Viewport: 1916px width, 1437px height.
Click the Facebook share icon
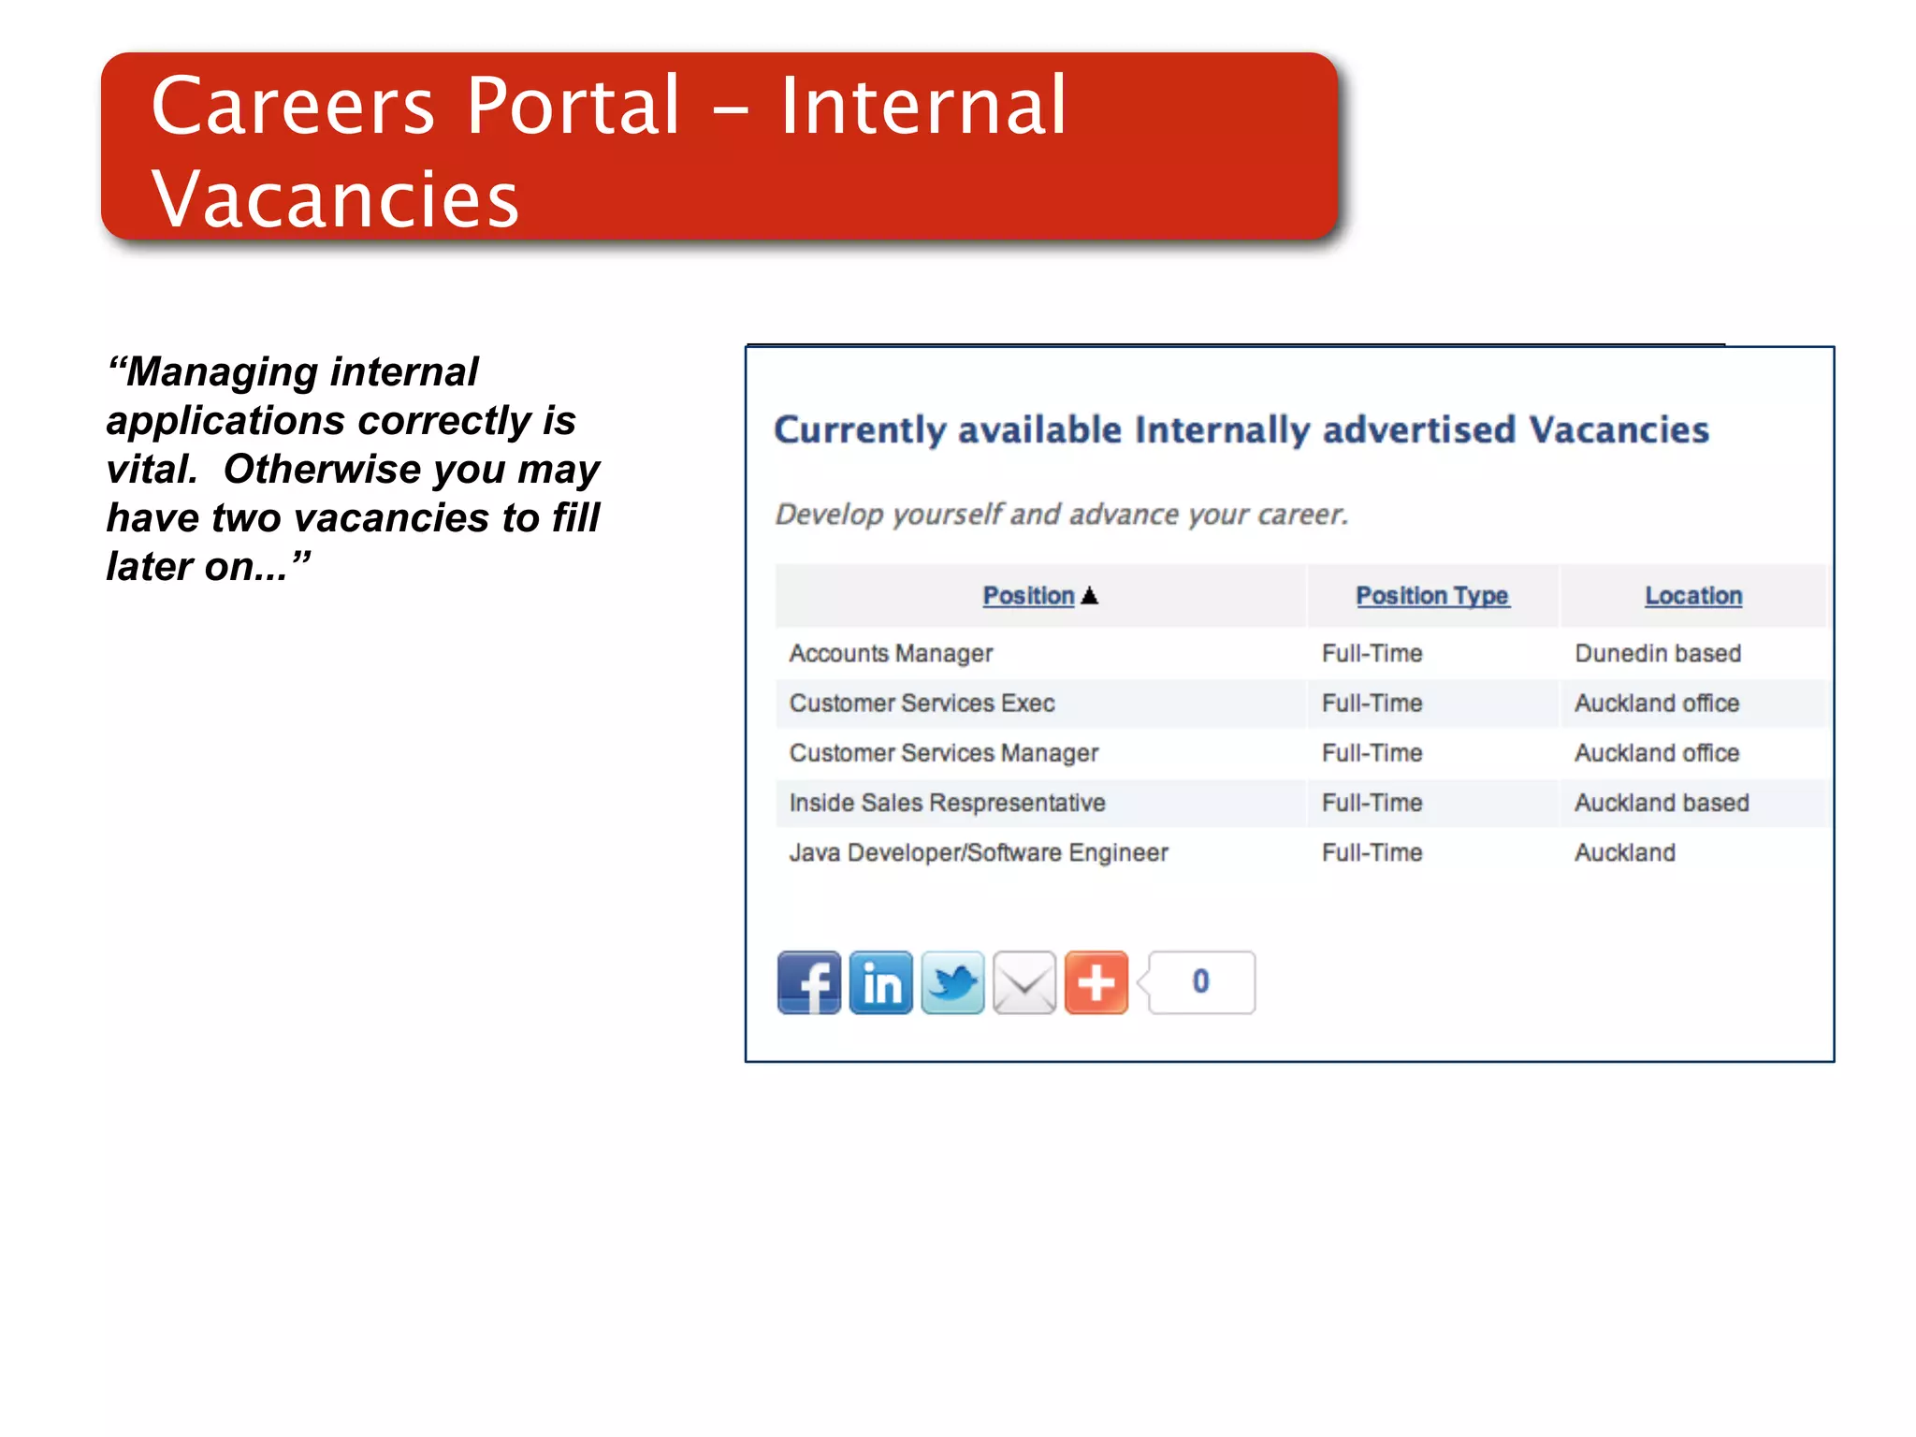click(808, 982)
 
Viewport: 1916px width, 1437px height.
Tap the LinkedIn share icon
click(880, 982)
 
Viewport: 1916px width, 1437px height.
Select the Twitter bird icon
click(952, 982)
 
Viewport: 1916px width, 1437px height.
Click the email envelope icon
click(1024, 982)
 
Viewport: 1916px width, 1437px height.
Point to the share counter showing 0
click(1200, 982)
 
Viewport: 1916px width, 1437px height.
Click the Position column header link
click(1028, 596)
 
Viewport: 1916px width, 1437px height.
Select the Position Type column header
click(1431, 596)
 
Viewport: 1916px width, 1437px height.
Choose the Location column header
click(1692, 596)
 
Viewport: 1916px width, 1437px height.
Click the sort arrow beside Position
click(1089, 596)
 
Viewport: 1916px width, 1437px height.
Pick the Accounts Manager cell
click(891, 653)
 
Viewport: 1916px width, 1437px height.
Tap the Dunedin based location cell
click(1657, 653)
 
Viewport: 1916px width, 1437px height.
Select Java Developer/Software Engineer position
click(979, 852)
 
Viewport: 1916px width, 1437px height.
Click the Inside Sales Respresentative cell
click(947, 803)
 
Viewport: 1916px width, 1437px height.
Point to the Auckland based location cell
click(1661, 803)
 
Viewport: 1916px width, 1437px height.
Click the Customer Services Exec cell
click(922, 703)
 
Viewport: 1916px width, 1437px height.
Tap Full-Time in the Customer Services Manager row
click(1372, 753)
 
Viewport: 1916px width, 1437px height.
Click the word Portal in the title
click(573, 106)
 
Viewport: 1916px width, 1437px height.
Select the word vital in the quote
click(150, 470)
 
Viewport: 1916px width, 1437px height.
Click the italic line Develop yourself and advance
click(1061, 515)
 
